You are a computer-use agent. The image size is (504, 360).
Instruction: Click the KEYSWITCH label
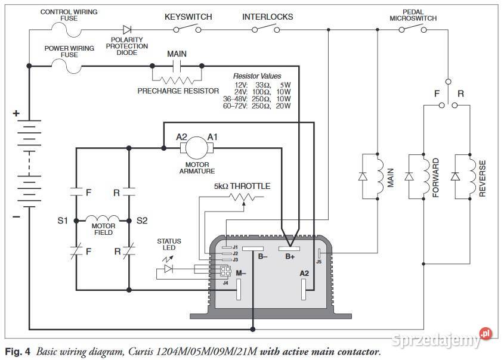(x=188, y=17)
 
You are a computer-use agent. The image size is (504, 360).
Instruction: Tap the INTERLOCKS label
(x=267, y=17)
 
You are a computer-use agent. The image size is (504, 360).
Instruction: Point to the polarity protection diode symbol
(x=127, y=29)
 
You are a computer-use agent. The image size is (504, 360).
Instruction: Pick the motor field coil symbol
(x=103, y=218)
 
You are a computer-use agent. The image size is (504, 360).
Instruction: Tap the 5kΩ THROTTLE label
(x=242, y=187)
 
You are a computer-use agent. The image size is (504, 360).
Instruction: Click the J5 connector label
(x=319, y=261)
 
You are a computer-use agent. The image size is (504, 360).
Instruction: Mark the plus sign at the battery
(x=17, y=113)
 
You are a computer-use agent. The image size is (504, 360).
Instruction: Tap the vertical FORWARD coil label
(x=436, y=178)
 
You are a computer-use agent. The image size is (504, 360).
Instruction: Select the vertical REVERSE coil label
(x=483, y=178)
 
